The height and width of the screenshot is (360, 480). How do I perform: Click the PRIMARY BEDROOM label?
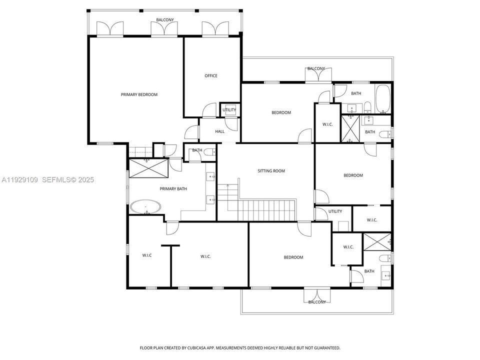pos(139,94)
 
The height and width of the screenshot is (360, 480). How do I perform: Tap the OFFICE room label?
pos(211,76)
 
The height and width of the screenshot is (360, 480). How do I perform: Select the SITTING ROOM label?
pos(271,171)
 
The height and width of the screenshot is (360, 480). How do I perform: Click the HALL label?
pos(220,131)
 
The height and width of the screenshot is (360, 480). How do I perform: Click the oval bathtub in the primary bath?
pos(146,207)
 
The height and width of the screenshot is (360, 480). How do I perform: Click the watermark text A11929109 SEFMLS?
pos(47,179)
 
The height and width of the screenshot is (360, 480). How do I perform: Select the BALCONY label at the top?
pos(165,20)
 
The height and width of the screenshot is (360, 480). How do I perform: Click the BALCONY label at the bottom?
pos(317,302)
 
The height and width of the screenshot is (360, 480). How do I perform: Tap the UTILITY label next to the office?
pos(229,110)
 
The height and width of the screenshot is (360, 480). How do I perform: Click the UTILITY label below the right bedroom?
pos(335,211)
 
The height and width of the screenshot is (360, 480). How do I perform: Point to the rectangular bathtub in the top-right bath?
pos(383,98)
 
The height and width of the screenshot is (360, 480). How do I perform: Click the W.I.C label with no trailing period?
pos(147,255)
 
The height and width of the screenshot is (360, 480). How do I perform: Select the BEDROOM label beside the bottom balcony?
pos(293,257)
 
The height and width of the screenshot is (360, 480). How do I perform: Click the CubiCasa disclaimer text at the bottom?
pos(239,347)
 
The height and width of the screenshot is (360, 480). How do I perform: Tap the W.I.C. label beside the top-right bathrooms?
pos(327,124)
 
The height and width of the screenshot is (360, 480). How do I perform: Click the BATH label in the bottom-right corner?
pos(369,271)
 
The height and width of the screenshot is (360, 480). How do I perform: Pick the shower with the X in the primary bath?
pos(146,167)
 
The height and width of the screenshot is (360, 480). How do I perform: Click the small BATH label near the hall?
pos(197,150)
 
